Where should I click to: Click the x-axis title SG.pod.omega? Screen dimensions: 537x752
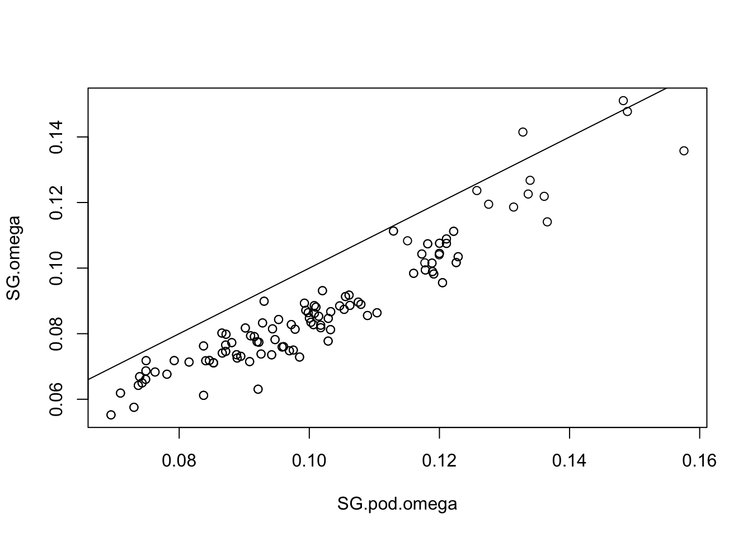[397, 504]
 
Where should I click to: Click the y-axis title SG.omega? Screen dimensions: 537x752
[14, 258]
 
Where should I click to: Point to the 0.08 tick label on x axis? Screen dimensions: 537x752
[179, 461]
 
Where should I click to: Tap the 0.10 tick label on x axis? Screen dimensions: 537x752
[309, 461]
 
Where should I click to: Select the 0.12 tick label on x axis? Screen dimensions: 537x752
[439, 461]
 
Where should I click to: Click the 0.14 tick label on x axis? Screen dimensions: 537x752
[570, 461]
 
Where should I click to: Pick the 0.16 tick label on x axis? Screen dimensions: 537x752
[699, 461]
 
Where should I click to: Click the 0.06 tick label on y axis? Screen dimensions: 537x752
[58, 399]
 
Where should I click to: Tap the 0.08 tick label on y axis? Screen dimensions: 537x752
[58, 333]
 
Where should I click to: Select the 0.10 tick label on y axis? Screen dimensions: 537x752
[58, 268]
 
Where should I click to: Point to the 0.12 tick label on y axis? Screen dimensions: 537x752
[58, 202]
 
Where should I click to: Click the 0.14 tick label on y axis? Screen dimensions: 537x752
[58, 137]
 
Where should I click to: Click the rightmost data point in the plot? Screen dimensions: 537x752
[684, 150]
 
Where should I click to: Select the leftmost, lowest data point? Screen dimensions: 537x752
[111, 414]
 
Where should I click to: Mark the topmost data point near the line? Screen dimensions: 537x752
[623, 101]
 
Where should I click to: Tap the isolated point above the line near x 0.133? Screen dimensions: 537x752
[523, 132]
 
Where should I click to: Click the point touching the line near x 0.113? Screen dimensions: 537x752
[393, 231]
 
